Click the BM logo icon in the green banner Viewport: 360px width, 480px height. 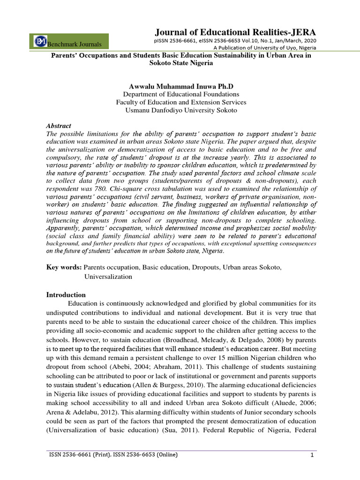point(40,41)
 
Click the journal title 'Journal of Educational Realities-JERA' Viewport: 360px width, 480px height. point(235,32)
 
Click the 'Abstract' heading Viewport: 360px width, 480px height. point(59,126)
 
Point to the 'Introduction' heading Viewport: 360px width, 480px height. point(66,295)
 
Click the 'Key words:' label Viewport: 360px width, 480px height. point(64,267)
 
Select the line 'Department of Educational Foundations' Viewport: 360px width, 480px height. point(181,94)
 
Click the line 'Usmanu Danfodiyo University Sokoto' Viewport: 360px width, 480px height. point(181,110)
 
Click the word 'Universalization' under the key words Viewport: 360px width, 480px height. point(108,277)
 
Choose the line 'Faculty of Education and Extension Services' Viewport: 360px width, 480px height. point(181,102)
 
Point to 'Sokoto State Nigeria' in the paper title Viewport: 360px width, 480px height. point(181,63)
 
